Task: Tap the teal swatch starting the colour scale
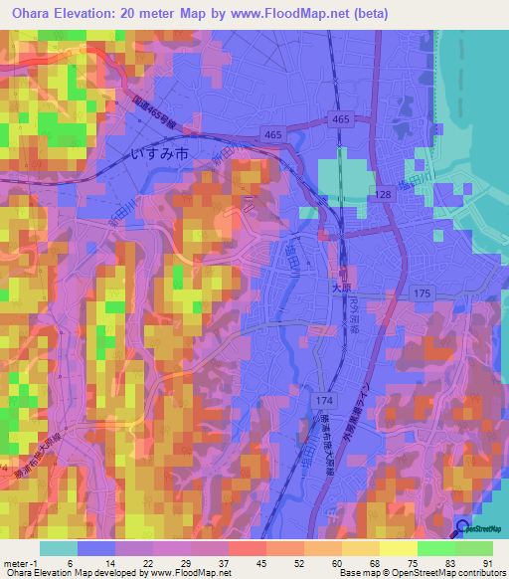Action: [x=59, y=547]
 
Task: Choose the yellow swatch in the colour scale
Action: [x=398, y=547]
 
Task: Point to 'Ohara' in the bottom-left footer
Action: [x=18, y=573]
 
